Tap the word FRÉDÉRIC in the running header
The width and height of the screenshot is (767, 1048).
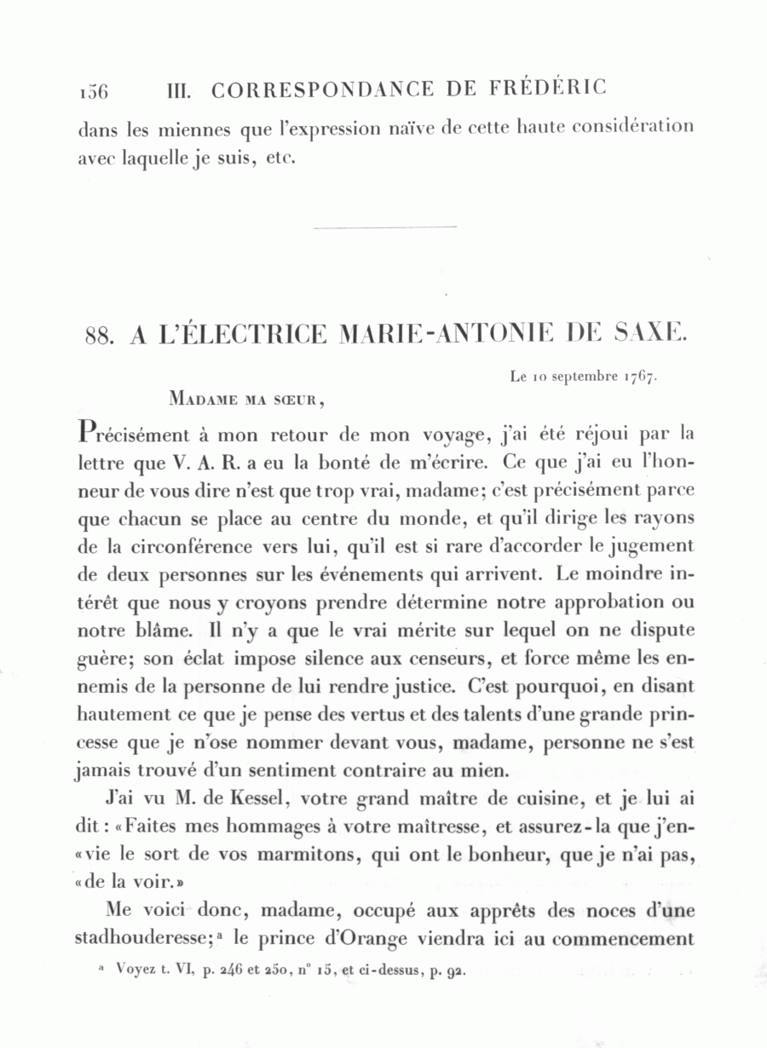[549, 88]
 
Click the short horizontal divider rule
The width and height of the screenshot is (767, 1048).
[385, 227]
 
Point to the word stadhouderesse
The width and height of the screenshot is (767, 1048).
[141, 938]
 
